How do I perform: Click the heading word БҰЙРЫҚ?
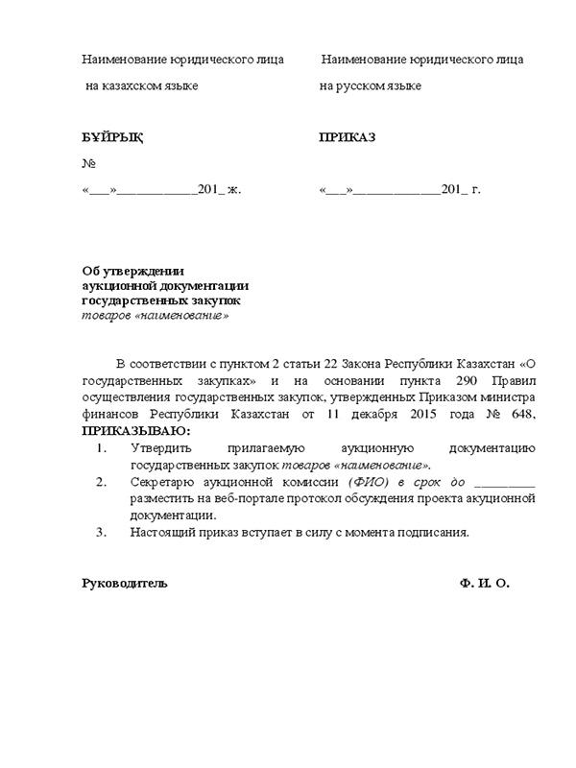tap(112, 137)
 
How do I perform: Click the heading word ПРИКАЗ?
tap(347, 137)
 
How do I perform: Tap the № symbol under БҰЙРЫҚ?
tap(89, 163)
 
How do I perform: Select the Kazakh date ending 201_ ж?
tap(162, 189)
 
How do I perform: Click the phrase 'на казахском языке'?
tap(141, 86)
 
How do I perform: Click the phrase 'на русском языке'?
tap(371, 86)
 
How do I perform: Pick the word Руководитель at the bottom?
tap(124, 583)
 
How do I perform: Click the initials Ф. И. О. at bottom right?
tap(485, 583)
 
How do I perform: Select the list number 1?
tap(103, 447)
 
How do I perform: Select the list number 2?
tap(103, 481)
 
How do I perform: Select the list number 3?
tap(103, 531)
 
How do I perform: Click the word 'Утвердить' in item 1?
tap(163, 447)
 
